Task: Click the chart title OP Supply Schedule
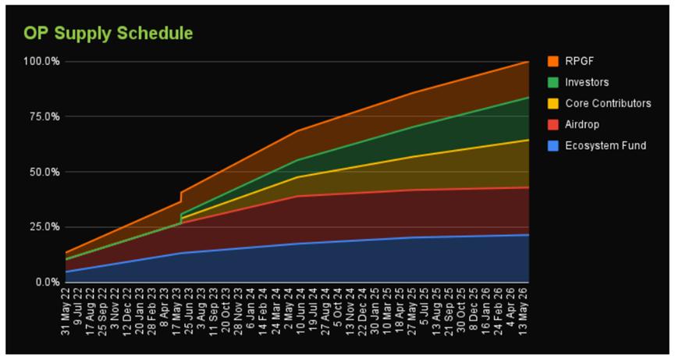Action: click(108, 33)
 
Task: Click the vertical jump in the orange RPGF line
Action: click(181, 197)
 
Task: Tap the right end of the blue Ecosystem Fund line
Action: click(528, 234)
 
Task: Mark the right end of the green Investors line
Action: click(528, 97)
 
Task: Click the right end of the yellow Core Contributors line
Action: click(528, 140)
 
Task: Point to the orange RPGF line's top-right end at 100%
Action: click(528, 61)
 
